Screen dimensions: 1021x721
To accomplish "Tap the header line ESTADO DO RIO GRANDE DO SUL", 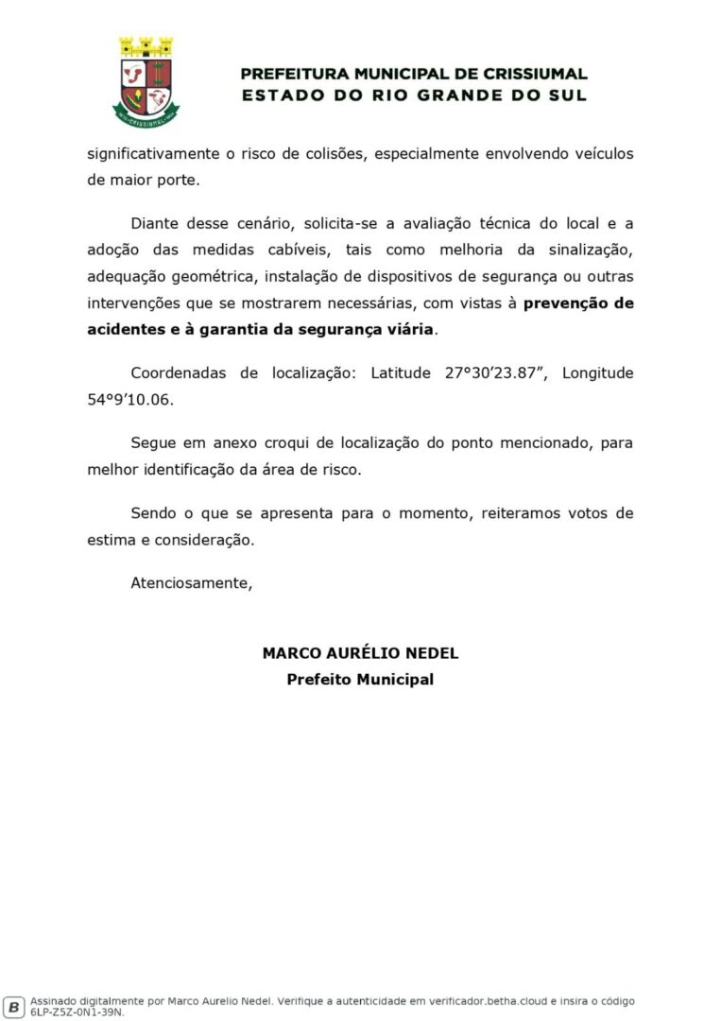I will pos(414,95).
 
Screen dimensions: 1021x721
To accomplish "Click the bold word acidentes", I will pos(124,330).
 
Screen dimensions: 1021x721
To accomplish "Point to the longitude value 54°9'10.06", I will pos(130,399).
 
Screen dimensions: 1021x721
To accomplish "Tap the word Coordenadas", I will pos(179,372).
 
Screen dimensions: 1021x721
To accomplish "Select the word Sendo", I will pos(153,513).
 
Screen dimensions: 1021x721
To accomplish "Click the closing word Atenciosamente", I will pos(192,583).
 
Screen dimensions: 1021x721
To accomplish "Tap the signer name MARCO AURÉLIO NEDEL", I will pos(360,653).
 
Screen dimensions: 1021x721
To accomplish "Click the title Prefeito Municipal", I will pos(360,680).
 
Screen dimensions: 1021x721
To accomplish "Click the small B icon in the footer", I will pos(14,1006).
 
